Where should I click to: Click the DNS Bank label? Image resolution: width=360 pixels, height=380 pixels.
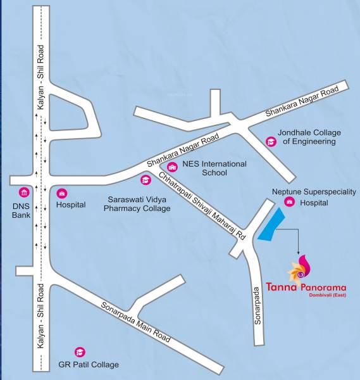(x=21, y=210)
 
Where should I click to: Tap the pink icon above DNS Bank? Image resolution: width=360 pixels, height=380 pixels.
(x=24, y=193)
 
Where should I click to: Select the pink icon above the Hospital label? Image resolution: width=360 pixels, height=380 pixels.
(x=62, y=193)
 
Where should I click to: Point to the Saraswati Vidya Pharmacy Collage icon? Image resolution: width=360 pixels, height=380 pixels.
(x=146, y=181)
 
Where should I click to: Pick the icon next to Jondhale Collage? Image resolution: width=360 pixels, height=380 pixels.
(x=271, y=141)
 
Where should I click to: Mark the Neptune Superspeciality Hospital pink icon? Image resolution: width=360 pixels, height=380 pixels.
(x=289, y=202)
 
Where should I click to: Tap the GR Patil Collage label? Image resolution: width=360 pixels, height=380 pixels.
(x=88, y=365)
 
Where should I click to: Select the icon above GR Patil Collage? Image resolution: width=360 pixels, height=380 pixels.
(x=80, y=351)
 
